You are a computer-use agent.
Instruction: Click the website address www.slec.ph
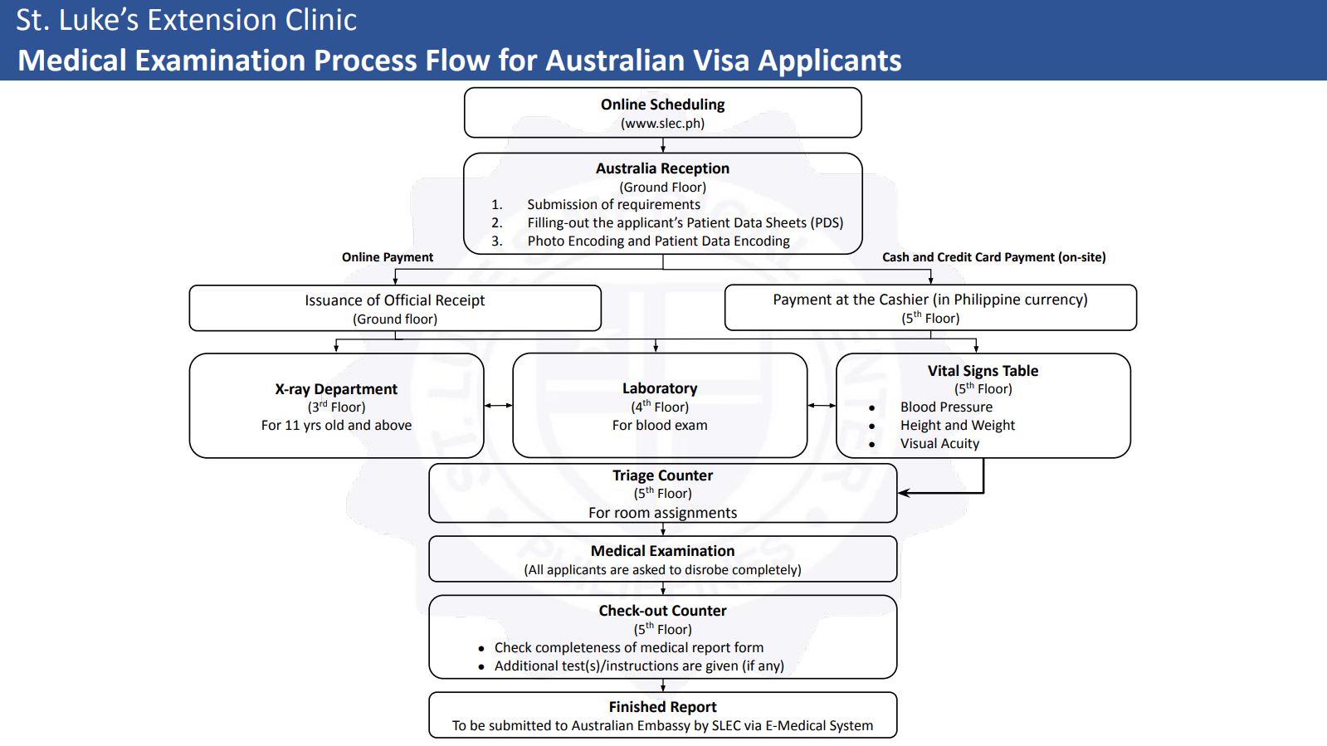pyautogui.click(x=662, y=124)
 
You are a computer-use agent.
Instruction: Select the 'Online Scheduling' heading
pyautogui.click(x=662, y=105)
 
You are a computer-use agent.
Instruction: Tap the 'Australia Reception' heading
pyautogui.click(x=662, y=168)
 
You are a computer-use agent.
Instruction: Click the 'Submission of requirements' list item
pyautogui.click(x=614, y=204)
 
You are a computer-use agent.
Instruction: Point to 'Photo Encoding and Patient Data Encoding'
pyautogui.click(x=658, y=241)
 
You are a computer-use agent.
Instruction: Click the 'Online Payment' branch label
pyautogui.click(x=388, y=257)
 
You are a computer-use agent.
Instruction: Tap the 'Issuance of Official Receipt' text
pyautogui.click(x=394, y=300)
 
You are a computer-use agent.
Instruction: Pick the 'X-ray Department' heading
pyautogui.click(x=336, y=389)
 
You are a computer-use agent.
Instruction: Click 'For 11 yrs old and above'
pyautogui.click(x=336, y=426)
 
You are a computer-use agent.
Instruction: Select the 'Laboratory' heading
pyautogui.click(x=660, y=388)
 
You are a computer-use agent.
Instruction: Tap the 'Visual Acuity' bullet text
pyautogui.click(x=939, y=443)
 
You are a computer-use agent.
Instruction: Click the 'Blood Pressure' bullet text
pyautogui.click(x=946, y=407)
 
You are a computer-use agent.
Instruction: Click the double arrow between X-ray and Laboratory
pyautogui.click(x=498, y=405)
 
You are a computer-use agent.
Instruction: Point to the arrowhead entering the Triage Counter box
pyautogui.click(x=902, y=492)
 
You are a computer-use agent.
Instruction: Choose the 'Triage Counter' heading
pyautogui.click(x=662, y=475)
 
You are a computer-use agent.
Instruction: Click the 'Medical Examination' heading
pyautogui.click(x=662, y=551)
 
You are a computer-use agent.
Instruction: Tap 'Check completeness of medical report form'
pyautogui.click(x=628, y=647)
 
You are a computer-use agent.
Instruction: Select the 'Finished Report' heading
pyautogui.click(x=662, y=707)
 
